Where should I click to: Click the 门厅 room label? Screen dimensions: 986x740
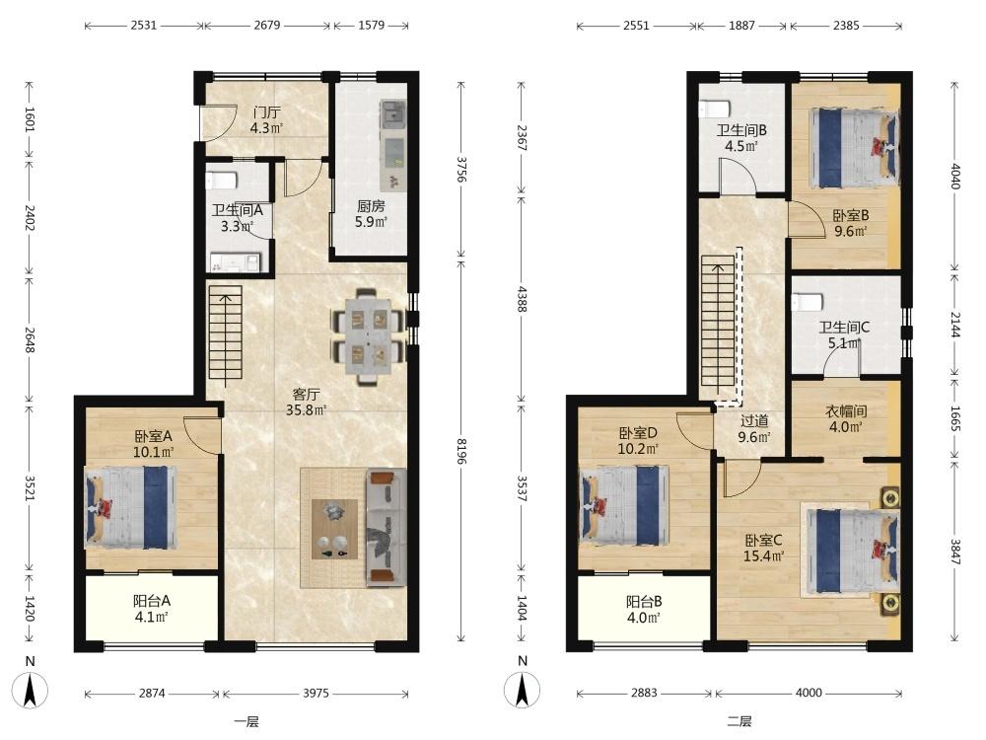click(x=266, y=112)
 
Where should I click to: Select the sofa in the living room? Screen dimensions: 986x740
click(x=387, y=527)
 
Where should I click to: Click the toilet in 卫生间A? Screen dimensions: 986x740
click(x=221, y=180)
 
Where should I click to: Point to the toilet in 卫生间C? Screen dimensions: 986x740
click(x=809, y=303)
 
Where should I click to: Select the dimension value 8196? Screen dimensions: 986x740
click(x=461, y=451)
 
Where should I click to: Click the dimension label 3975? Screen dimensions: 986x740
click(x=316, y=693)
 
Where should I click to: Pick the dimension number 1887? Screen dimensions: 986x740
click(x=741, y=26)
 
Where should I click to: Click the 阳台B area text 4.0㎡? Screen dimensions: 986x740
click(x=643, y=618)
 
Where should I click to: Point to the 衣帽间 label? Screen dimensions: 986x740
click(x=846, y=411)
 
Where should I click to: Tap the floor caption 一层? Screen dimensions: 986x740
click(x=246, y=721)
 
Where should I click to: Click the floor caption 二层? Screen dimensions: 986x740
click(x=739, y=721)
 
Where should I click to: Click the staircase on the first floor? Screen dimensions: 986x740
click(x=225, y=332)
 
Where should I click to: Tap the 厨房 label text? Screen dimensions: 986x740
click(x=371, y=206)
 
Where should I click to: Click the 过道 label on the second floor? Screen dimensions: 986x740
click(x=754, y=421)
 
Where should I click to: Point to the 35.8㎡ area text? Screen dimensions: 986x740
click(x=307, y=410)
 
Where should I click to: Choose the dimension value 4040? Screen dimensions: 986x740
click(x=955, y=177)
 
